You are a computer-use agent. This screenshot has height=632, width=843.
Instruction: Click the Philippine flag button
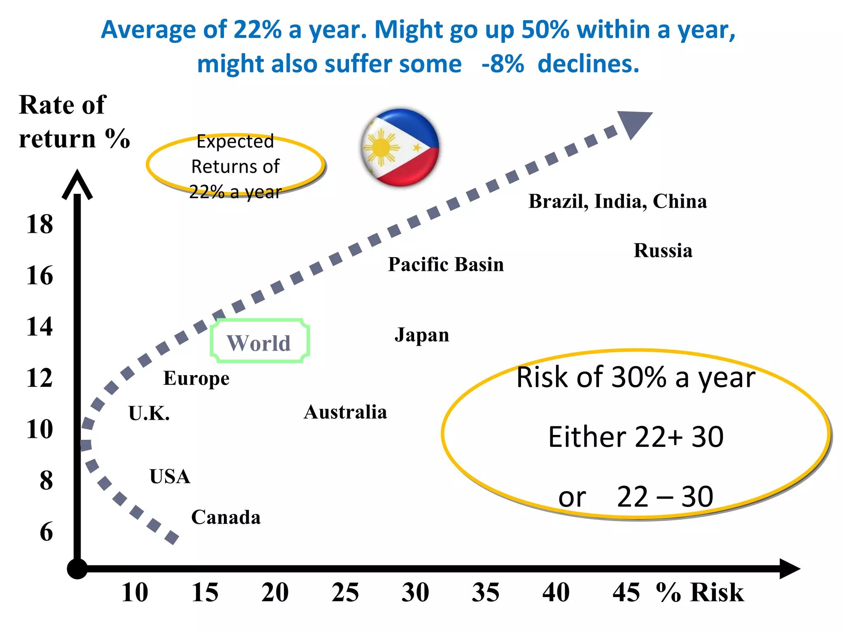[400, 147]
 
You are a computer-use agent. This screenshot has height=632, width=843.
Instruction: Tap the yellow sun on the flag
[381, 147]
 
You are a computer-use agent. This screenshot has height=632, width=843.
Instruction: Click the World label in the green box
[259, 342]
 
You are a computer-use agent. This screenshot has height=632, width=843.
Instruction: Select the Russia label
[663, 251]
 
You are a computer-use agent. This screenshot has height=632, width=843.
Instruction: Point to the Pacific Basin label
[446, 264]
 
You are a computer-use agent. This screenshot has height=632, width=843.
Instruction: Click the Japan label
[421, 335]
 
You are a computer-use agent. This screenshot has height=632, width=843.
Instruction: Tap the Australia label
[345, 412]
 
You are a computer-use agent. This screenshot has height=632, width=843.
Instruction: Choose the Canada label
[226, 517]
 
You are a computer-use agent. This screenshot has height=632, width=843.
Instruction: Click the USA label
[170, 476]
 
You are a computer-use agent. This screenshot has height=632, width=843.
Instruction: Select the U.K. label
[149, 413]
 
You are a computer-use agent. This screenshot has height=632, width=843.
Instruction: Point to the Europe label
[196, 378]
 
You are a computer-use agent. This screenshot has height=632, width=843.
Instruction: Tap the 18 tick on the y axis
[40, 224]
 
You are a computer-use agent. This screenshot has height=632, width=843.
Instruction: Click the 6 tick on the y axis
[46, 532]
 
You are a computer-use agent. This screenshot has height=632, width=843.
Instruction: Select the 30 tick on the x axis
[415, 592]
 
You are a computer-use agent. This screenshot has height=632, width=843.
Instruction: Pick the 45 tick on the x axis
[626, 592]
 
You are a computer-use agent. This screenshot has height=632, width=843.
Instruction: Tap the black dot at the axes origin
[77, 569]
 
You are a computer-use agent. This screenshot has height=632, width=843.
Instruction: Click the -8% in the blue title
[503, 64]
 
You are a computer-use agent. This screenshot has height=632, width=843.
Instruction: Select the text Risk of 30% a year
[636, 377]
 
